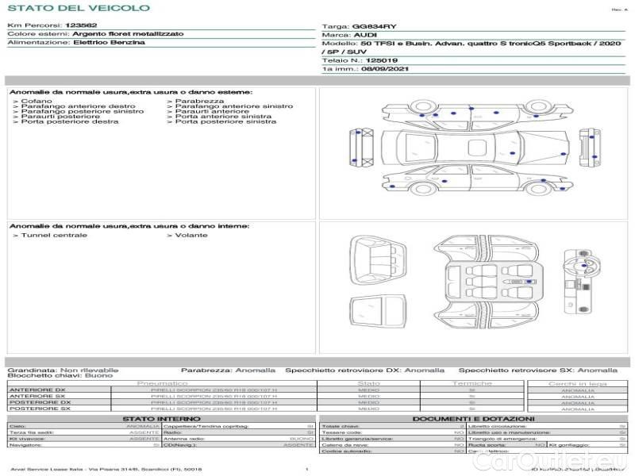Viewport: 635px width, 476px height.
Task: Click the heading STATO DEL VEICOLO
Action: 78,8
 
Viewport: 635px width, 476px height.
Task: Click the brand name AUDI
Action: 365,35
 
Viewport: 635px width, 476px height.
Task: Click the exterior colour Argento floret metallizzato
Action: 128,34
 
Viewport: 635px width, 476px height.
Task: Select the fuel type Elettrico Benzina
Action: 109,42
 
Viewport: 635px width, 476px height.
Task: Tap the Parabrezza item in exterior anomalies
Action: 199,101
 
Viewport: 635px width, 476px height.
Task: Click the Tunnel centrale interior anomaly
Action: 54,235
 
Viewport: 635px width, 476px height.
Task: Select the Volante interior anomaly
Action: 191,235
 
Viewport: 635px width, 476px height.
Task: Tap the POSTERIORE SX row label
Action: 39,409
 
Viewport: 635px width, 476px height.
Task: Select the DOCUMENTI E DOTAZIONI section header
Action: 473,418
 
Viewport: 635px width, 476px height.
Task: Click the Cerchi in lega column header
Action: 577,383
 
